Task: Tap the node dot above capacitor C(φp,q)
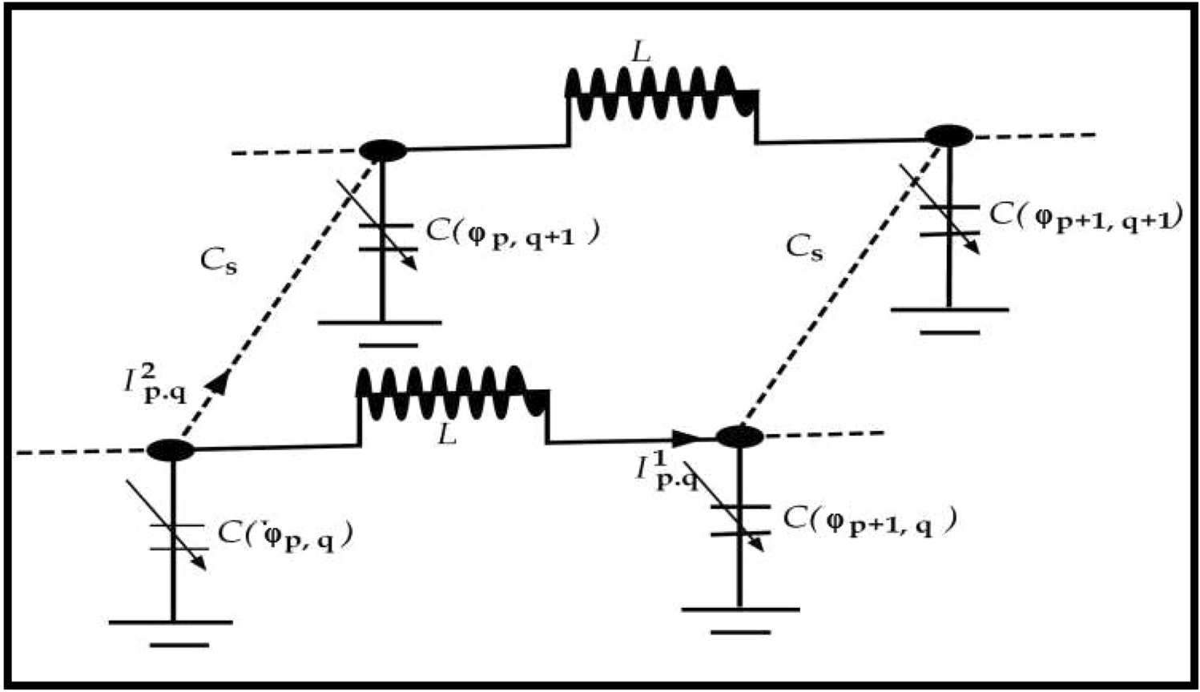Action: click(x=171, y=450)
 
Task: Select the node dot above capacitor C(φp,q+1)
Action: click(x=383, y=150)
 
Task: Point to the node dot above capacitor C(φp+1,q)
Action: click(x=739, y=437)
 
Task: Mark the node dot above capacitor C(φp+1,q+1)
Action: click(x=949, y=135)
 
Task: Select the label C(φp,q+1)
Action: click(x=513, y=232)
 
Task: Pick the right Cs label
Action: click(x=803, y=246)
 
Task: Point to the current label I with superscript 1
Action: click(x=665, y=471)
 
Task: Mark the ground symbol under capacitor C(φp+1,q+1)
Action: click(x=949, y=320)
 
